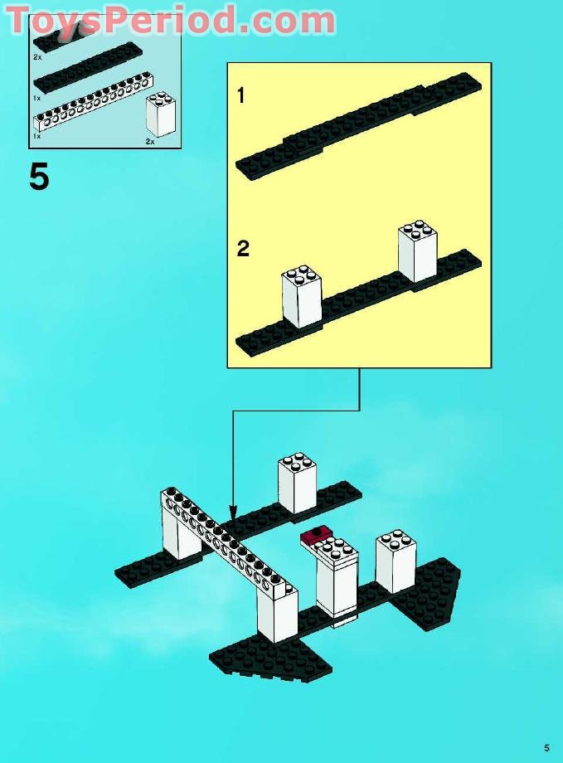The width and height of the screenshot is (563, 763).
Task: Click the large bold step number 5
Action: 39,177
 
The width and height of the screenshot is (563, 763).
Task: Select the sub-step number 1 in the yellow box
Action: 241,96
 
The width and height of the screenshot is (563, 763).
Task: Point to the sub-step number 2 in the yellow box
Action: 243,248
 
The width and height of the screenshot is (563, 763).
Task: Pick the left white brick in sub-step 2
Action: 302,296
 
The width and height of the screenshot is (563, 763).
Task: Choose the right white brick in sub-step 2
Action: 417,251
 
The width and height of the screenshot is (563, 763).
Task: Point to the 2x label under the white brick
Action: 150,142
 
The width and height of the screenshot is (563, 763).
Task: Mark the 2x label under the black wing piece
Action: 38,57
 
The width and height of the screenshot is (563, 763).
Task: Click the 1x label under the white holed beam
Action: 37,135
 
